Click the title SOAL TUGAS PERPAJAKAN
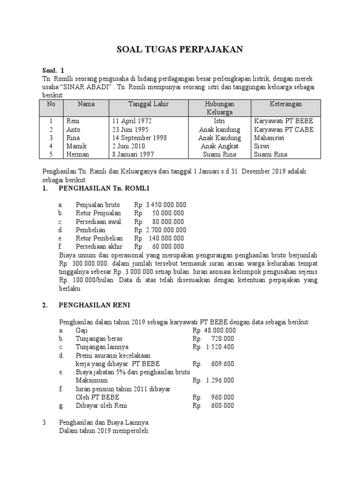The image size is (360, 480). [x=180, y=50]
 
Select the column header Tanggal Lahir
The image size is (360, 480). [x=149, y=104]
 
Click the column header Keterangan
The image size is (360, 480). [x=285, y=104]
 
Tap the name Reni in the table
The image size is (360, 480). [x=74, y=121]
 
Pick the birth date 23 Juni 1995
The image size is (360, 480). [x=132, y=129]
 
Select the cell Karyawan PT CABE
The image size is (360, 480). [x=284, y=129]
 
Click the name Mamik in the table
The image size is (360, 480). [x=76, y=146]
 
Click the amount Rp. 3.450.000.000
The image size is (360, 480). [x=160, y=205]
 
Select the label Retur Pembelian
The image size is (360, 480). [x=99, y=238]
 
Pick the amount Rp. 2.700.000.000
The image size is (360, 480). [x=160, y=230]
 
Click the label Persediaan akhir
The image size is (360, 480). [x=99, y=247]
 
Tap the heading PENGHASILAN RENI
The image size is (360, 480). [x=95, y=305]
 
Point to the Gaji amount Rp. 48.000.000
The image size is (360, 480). [x=214, y=330]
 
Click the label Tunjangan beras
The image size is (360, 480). [x=99, y=338]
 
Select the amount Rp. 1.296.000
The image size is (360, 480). [x=213, y=380]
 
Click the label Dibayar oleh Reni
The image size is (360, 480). [x=101, y=405]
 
